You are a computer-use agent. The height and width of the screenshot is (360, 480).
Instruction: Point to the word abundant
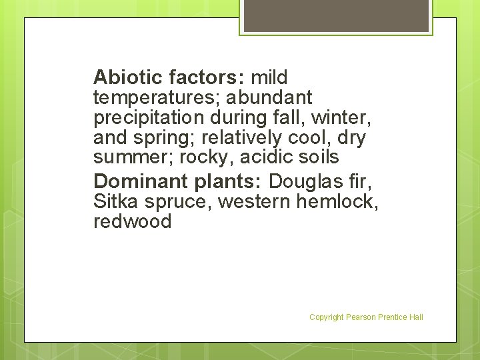(x=269, y=98)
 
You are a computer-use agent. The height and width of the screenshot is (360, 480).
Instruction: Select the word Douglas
(x=304, y=181)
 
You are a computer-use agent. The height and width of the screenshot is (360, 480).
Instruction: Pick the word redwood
(x=133, y=221)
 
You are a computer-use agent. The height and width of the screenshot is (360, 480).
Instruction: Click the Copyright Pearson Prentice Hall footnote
(x=366, y=317)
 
